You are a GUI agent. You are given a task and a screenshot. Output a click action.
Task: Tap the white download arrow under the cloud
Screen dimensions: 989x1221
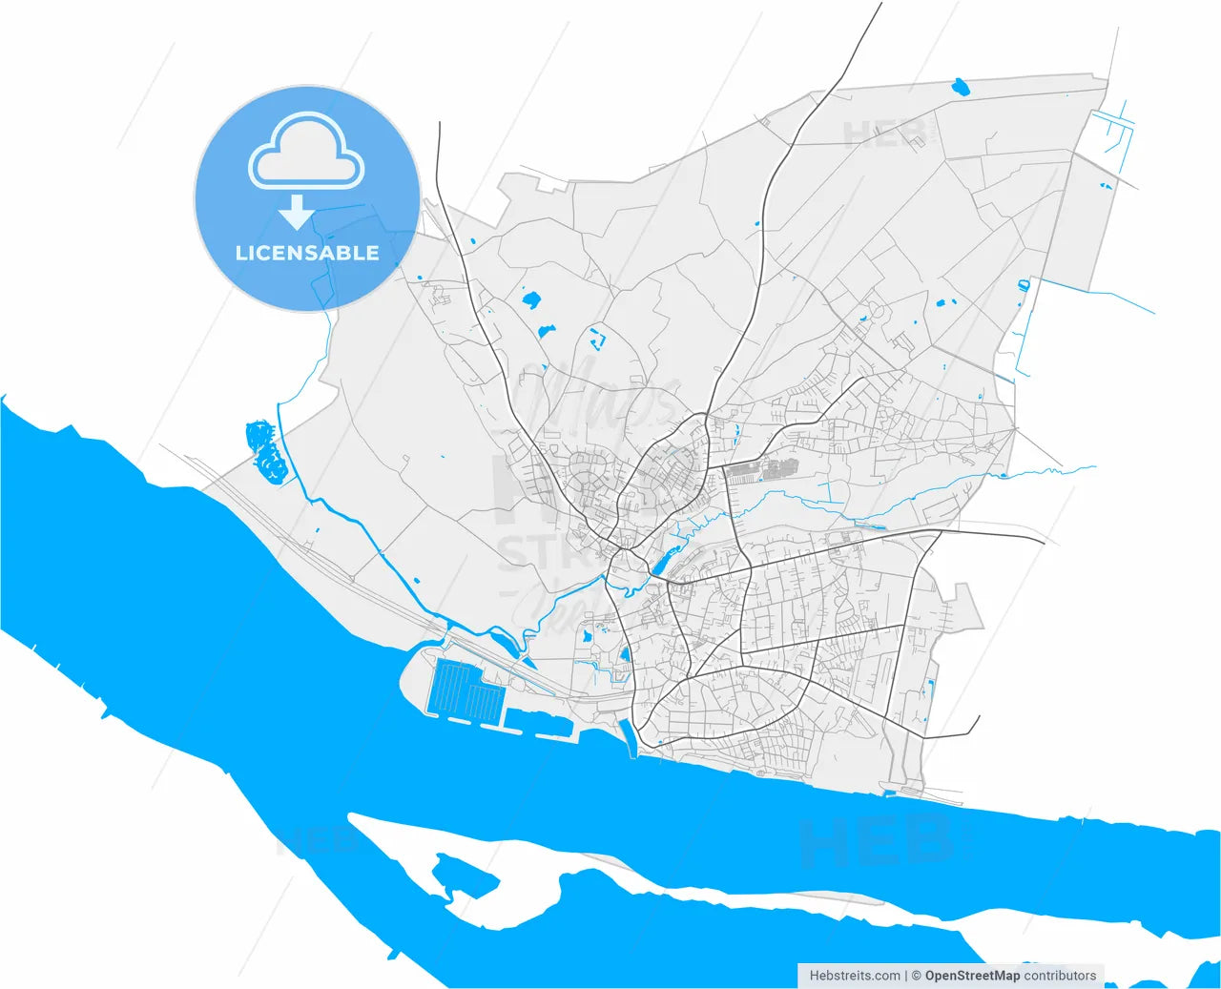point(297,212)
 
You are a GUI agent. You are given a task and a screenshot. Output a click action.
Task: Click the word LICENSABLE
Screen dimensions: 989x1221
point(307,253)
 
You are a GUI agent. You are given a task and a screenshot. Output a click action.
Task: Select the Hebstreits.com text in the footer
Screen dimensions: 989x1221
point(854,976)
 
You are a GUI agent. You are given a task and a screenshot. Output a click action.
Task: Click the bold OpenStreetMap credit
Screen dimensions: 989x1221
point(972,976)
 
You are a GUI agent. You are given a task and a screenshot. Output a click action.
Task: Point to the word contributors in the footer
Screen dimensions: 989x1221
point(1060,976)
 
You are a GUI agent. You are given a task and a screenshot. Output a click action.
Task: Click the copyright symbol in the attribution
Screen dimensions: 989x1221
point(916,976)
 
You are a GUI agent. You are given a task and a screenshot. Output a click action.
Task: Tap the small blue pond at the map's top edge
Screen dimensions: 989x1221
point(960,89)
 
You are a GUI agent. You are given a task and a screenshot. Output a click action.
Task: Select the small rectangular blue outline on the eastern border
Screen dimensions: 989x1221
point(1024,284)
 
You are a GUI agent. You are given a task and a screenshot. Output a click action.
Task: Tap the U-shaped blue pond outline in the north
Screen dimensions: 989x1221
point(598,337)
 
